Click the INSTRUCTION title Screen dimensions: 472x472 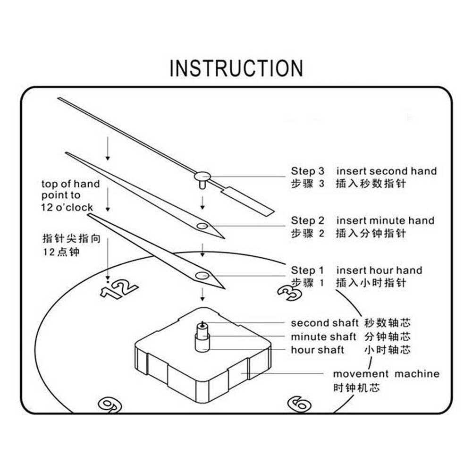tap(236, 68)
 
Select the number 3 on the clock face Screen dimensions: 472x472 tap(289, 293)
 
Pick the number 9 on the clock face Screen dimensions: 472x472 tap(110, 404)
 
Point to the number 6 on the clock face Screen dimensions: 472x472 tap(299, 404)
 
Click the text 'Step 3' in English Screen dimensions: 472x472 tap(308, 171)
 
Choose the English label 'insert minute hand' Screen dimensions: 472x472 tap(385, 220)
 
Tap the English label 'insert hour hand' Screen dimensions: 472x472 tap(379, 270)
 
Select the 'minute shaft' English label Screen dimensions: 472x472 tap(323, 337)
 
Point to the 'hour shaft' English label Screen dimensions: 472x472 tap(317, 350)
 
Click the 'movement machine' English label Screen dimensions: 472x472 tap(386, 374)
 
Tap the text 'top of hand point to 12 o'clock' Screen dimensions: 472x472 tap(70, 195)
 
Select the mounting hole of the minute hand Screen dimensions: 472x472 tap(202, 226)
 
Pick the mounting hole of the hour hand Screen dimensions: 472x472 tap(202, 275)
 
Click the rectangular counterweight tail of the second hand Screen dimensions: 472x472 tap(247, 201)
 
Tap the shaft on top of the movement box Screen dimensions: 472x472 tap(202, 336)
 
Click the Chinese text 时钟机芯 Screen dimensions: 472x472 tap(356, 388)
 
